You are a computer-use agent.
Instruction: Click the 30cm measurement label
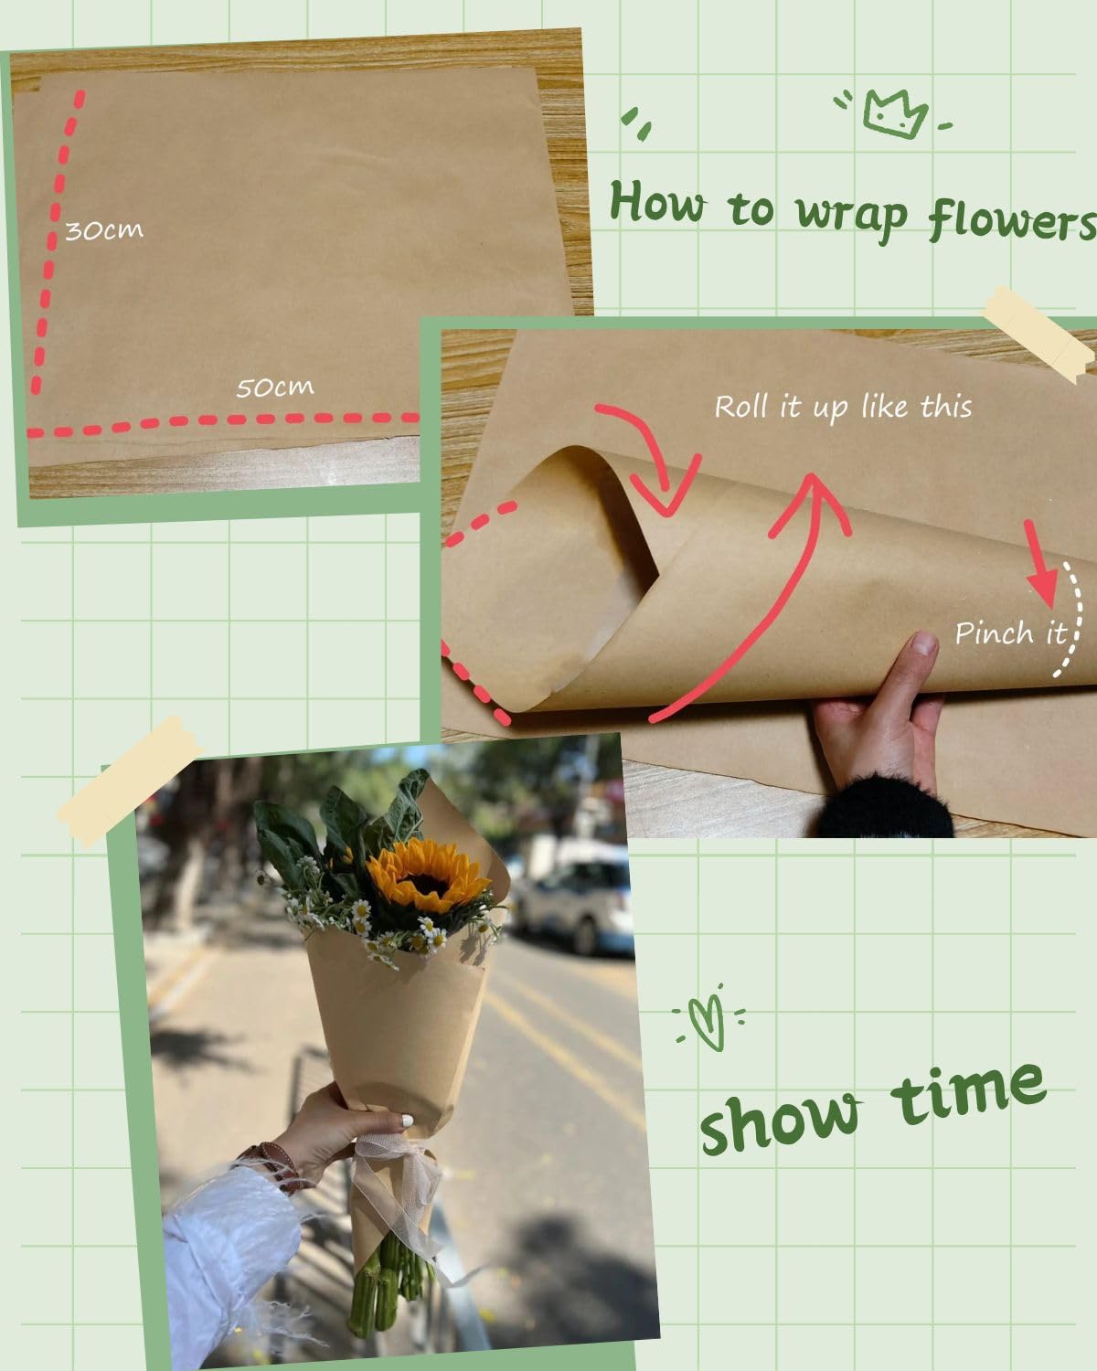point(104,229)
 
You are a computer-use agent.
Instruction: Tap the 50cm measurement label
point(274,388)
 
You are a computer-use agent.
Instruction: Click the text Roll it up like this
point(842,407)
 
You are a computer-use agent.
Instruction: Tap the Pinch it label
point(1010,632)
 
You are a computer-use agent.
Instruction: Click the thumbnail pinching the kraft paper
point(923,644)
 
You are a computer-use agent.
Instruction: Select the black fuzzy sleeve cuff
point(887,804)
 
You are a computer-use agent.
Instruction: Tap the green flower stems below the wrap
point(384,1289)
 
